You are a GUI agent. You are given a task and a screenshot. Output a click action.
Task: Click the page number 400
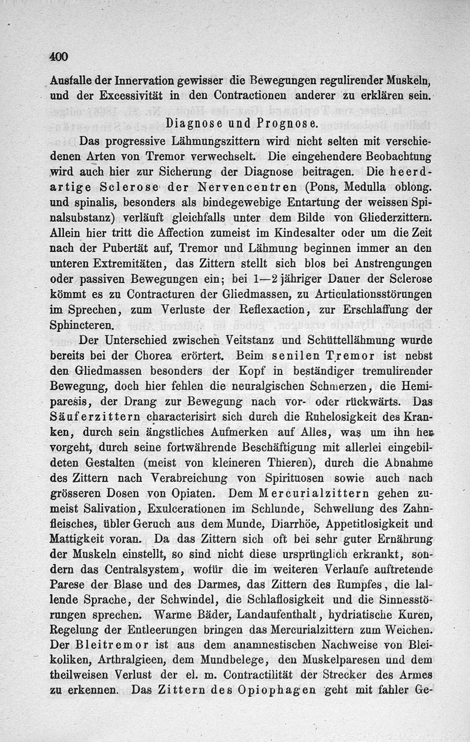point(59,57)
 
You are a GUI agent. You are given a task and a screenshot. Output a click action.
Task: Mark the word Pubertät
point(126,248)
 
